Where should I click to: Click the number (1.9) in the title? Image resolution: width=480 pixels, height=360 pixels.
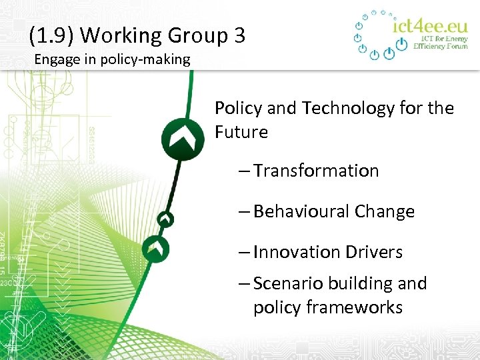50,35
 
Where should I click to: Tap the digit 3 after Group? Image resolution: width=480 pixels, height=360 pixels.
239,35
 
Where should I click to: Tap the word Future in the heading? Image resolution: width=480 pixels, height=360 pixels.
241,132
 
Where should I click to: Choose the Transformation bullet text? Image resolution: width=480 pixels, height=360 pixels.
316,171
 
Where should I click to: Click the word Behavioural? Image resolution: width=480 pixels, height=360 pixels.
301,212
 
